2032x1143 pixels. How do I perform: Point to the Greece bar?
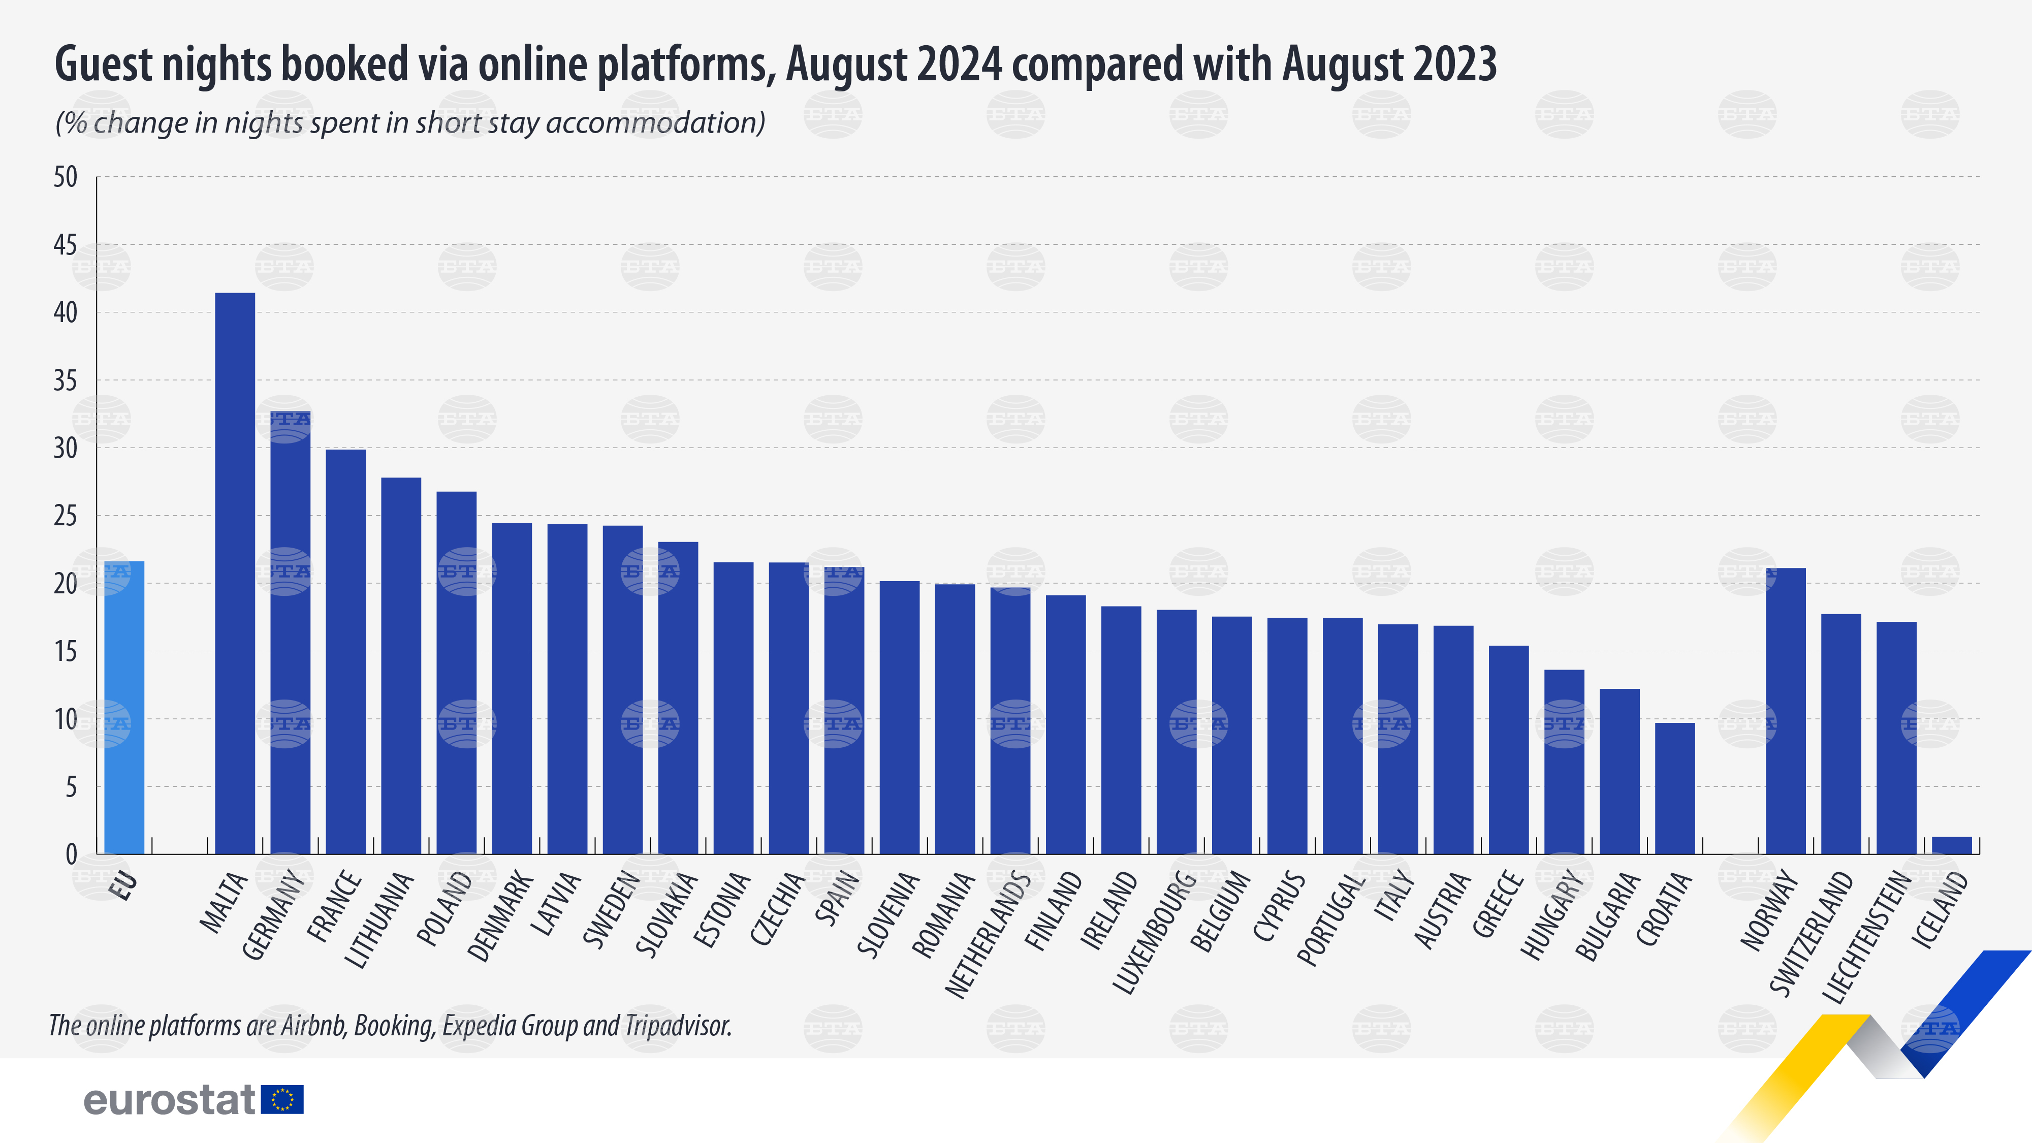point(1508,749)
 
